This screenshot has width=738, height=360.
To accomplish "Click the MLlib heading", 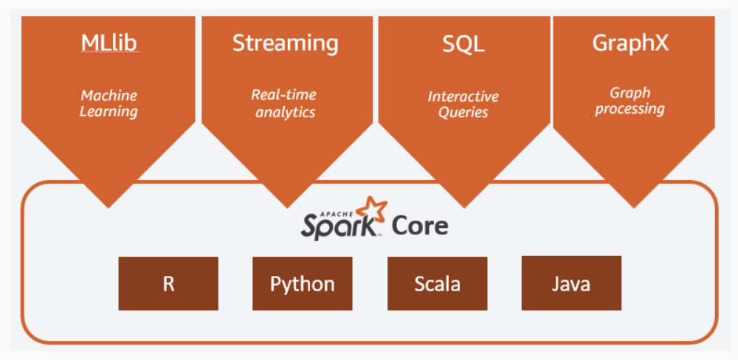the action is (108, 44).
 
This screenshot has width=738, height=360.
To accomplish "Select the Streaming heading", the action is (285, 44).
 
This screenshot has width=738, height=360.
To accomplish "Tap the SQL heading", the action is (463, 44).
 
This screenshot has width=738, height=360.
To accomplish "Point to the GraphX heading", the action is (630, 44).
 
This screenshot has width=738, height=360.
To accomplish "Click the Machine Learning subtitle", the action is (108, 103).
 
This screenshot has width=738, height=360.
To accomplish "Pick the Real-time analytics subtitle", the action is (284, 103).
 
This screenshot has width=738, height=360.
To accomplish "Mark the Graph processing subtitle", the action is (630, 101).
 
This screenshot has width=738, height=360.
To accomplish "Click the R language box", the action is (168, 283).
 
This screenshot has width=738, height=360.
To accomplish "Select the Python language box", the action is (302, 283).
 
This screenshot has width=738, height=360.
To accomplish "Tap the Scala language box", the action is (437, 283).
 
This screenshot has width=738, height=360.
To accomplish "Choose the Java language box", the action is (571, 283).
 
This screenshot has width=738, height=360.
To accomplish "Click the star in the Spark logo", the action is (372, 210).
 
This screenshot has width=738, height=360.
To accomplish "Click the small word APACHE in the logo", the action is (331, 210).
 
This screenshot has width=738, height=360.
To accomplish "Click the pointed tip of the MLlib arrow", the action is (108, 208).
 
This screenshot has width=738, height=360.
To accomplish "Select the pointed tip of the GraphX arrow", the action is (633, 208).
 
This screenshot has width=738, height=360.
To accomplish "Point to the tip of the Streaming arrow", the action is (287, 208).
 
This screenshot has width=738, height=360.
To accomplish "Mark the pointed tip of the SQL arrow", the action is (464, 208).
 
